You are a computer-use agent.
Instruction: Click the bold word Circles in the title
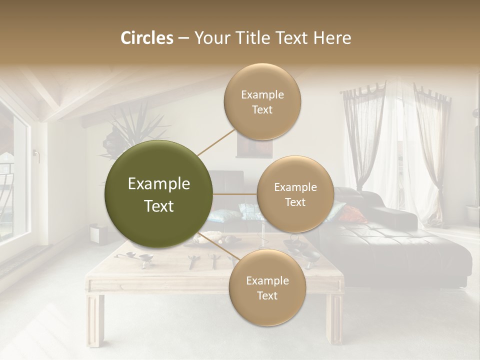147,38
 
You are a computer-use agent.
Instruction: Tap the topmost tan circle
262,101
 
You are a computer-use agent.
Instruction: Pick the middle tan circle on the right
295,194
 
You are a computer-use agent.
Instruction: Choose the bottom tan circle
267,287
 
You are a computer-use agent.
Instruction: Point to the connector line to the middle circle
235,194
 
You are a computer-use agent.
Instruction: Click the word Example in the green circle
159,184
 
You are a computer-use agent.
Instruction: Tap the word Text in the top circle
262,109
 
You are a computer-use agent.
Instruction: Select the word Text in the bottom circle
267,295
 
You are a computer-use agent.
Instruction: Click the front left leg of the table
94,320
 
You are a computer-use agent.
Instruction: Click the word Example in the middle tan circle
295,187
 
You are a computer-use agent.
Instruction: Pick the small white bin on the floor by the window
97,234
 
